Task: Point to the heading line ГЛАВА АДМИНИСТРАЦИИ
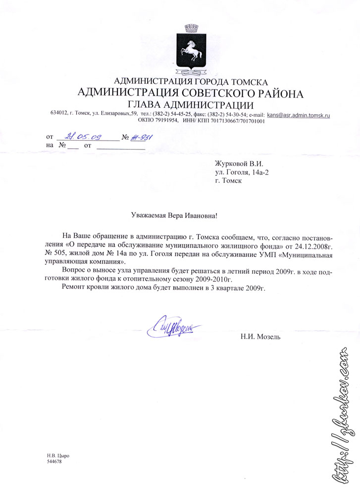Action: click(190, 104)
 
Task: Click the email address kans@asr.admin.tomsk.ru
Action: click(299, 114)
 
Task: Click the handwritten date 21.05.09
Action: click(82, 136)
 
